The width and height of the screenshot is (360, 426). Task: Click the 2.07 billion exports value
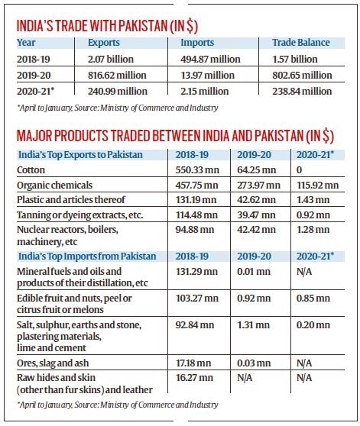[x=111, y=60]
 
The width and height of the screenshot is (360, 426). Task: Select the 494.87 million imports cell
[x=210, y=60]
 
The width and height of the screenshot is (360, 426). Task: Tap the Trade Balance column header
[x=301, y=43]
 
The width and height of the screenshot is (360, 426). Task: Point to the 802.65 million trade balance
[x=302, y=76]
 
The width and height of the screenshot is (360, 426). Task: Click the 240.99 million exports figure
[x=118, y=92]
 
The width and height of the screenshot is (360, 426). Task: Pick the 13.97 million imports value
[x=207, y=76]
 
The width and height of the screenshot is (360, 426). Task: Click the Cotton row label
[x=31, y=170]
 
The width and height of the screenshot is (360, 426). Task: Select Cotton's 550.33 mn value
[x=197, y=170]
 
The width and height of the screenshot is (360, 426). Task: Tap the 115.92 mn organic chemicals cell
[x=318, y=186]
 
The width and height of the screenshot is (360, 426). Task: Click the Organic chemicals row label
[x=55, y=186]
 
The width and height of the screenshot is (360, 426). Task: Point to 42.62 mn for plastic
[x=256, y=200]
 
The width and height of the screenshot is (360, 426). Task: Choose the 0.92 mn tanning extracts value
[x=313, y=215]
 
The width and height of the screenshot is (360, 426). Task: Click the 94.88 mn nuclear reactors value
[x=195, y=230]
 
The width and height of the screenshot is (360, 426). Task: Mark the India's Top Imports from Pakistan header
[x=87, y=257]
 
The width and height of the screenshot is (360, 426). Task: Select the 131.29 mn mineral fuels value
[x=196, y=272]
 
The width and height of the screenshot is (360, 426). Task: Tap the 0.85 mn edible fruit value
[x=313, y=298]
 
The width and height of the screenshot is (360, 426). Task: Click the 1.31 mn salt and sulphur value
[x=254, y=325]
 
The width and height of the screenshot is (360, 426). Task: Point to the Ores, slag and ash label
[x=53, y=363]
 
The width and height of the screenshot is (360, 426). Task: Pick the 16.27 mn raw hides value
[x=194, y=378]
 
